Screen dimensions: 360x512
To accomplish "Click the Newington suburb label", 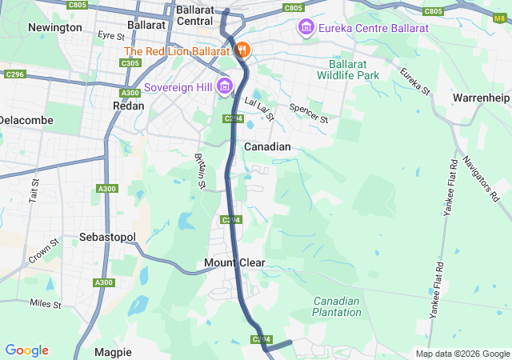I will pyautogui.click(x=54, y=27).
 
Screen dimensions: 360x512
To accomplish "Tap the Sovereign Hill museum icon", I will pyautogui.click(x=224, y=86).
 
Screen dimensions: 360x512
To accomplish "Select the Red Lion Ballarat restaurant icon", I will pyautogui.click(x=243, y=50).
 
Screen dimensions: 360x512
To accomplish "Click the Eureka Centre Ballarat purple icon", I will pyautogui.click(x=305, y=29).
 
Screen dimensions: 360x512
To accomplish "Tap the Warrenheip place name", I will pyautogui.click(x=481, y=97).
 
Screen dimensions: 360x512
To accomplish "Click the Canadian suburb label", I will pyautogui.click(x=267, y=146).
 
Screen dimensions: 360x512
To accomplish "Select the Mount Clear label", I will pyautogui.click(x=234, y=263).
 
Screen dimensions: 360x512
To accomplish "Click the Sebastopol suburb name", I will pyautogui.click(x=108, y=238).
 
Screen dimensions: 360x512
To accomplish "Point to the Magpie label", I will pyautogui.click(x=112, y=352).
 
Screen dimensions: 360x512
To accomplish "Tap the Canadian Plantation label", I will pyautogui.click(x=337, y=307).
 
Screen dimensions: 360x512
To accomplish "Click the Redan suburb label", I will pyautogui.click(x=129, y=106).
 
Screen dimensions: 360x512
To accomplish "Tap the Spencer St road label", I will pyautogui.click(x=310, y=113).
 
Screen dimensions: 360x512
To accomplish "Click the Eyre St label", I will pyautogui.click(x=111, y=36).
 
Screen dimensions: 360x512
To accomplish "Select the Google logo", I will pyautogui.click(x=26, y=350).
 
